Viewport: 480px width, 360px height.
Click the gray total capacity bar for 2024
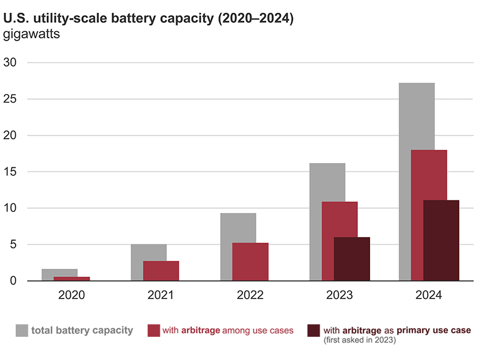pos(416,116)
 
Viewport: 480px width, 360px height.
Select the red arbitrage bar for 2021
pos(161,271)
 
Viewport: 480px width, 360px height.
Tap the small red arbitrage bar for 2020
pos(71,279)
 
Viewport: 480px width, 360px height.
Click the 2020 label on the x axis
pos(71,295)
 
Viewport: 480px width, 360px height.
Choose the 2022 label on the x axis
pos(250,295)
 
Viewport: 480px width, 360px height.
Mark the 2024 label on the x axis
pos(429,295)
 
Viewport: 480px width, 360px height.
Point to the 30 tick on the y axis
pos(10,63)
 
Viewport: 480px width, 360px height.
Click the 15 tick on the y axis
pos(10,172)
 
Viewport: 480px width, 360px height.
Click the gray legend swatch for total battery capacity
pos(22,330)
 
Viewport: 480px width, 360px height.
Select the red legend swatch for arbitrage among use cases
pos(153,330)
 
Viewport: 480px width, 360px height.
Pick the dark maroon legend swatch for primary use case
pos(314,330)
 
